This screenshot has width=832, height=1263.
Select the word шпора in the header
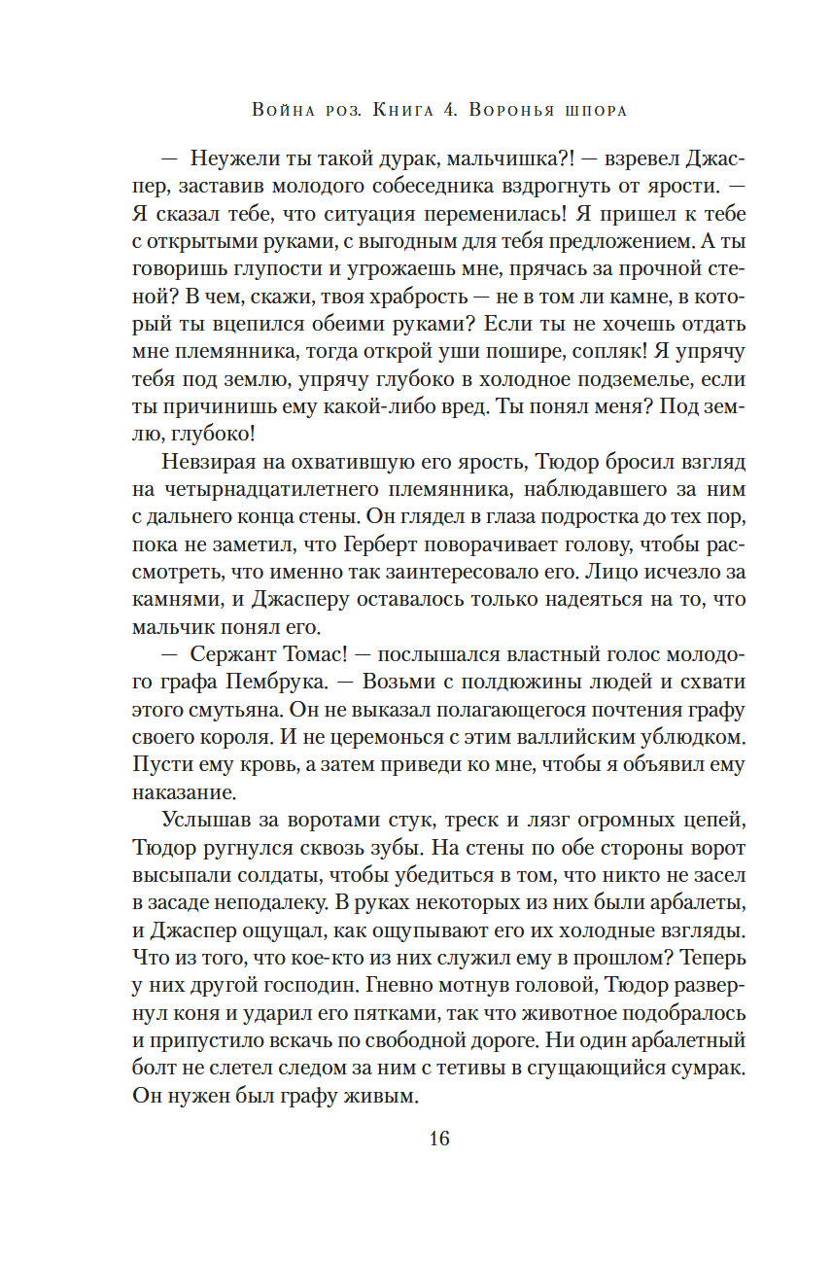click(593, 110)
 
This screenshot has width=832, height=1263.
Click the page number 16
click(439, 1139)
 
